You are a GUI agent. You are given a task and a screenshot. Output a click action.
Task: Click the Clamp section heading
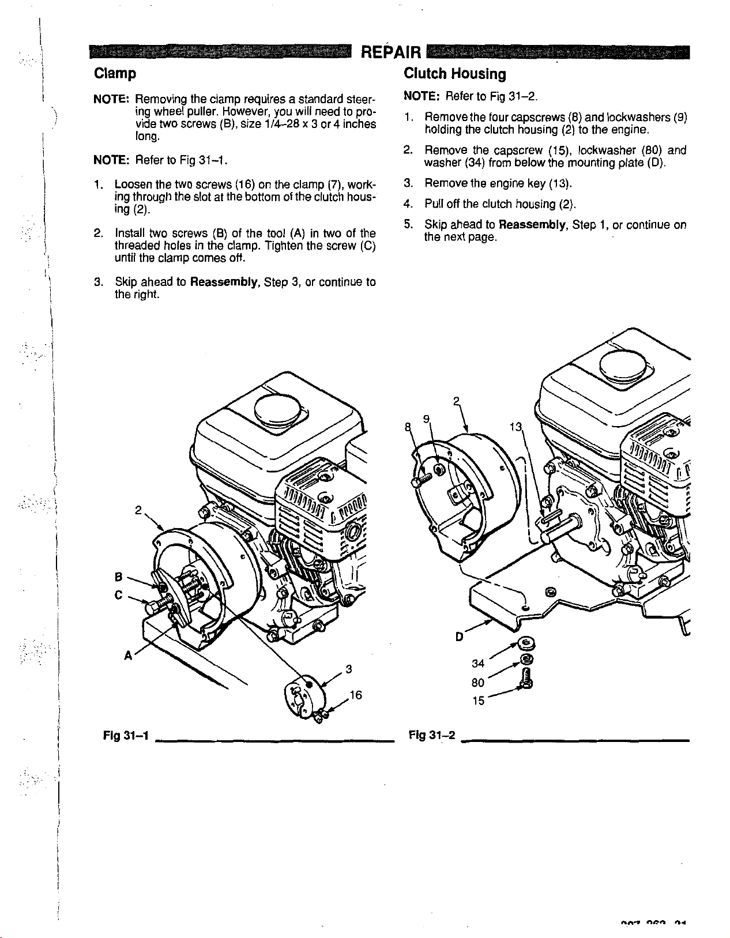pos(115,74)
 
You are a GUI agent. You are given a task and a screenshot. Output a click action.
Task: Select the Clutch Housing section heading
pos(454,74)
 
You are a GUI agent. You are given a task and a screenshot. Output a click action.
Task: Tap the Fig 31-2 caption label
pos(432,735)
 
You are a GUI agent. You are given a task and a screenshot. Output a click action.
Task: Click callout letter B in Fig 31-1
pos(118,576)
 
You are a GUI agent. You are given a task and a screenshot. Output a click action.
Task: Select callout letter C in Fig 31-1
pos(118,595)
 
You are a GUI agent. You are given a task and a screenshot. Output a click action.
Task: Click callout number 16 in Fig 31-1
pos(356,695)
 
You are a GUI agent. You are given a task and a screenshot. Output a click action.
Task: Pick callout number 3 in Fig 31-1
pos(348,669)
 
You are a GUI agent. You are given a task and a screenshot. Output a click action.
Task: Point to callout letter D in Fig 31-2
pos(460,636)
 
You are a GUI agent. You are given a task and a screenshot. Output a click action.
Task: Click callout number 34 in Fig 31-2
pos(478,664)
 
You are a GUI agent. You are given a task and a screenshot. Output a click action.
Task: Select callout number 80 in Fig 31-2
pos(478,683)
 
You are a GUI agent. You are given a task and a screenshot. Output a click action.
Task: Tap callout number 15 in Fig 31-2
pos(478,701)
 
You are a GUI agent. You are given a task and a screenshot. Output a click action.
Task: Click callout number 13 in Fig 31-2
pos(515,427)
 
